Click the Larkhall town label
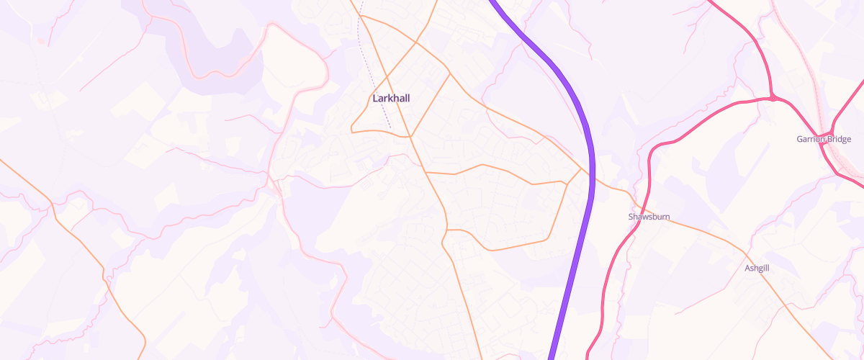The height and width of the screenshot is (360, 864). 391,98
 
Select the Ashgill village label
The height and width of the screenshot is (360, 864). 757,268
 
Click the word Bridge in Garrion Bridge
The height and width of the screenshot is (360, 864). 840,139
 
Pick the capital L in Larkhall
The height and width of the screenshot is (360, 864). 375,98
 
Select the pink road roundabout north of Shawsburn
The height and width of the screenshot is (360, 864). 772,97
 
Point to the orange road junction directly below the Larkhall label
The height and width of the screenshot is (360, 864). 410,135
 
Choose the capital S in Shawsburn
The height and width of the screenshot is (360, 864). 631,216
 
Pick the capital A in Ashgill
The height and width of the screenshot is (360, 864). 747,268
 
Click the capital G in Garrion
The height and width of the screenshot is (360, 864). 800,139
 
